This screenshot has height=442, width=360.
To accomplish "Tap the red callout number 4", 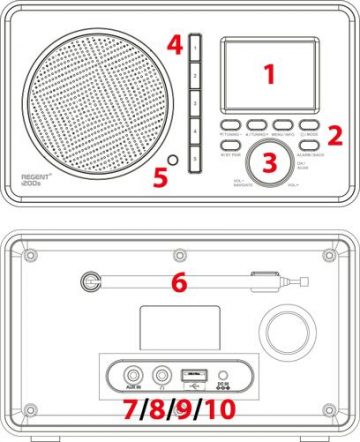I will point(174,45).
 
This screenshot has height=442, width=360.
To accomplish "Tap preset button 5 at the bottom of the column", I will point(195,158).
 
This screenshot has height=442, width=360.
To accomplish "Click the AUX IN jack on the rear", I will point(123,376).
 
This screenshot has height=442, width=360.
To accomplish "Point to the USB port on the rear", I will point(192,376).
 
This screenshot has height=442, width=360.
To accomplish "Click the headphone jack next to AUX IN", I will point(157,376).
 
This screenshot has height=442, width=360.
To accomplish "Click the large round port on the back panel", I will point(280,331).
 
